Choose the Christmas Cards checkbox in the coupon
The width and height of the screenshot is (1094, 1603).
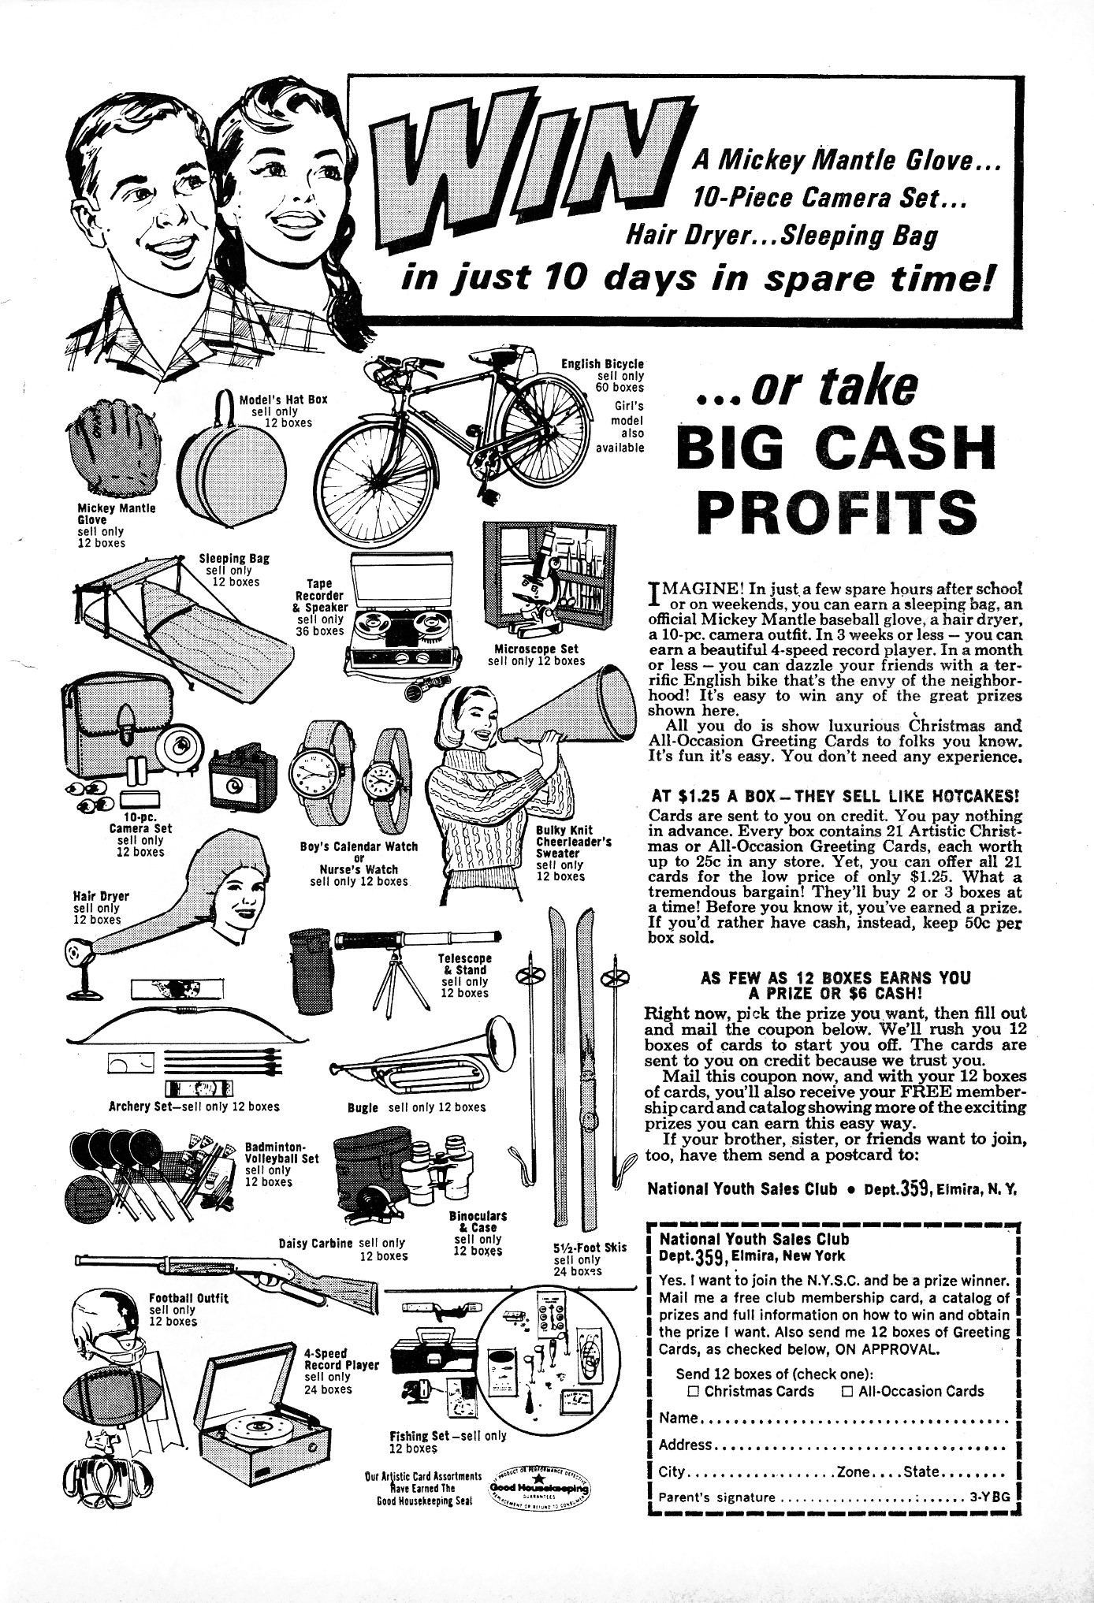[x=694, y=1392]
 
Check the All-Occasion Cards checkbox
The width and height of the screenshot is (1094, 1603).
[x=847, y=1392]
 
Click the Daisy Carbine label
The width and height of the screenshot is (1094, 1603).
[x=315, y=1244]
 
